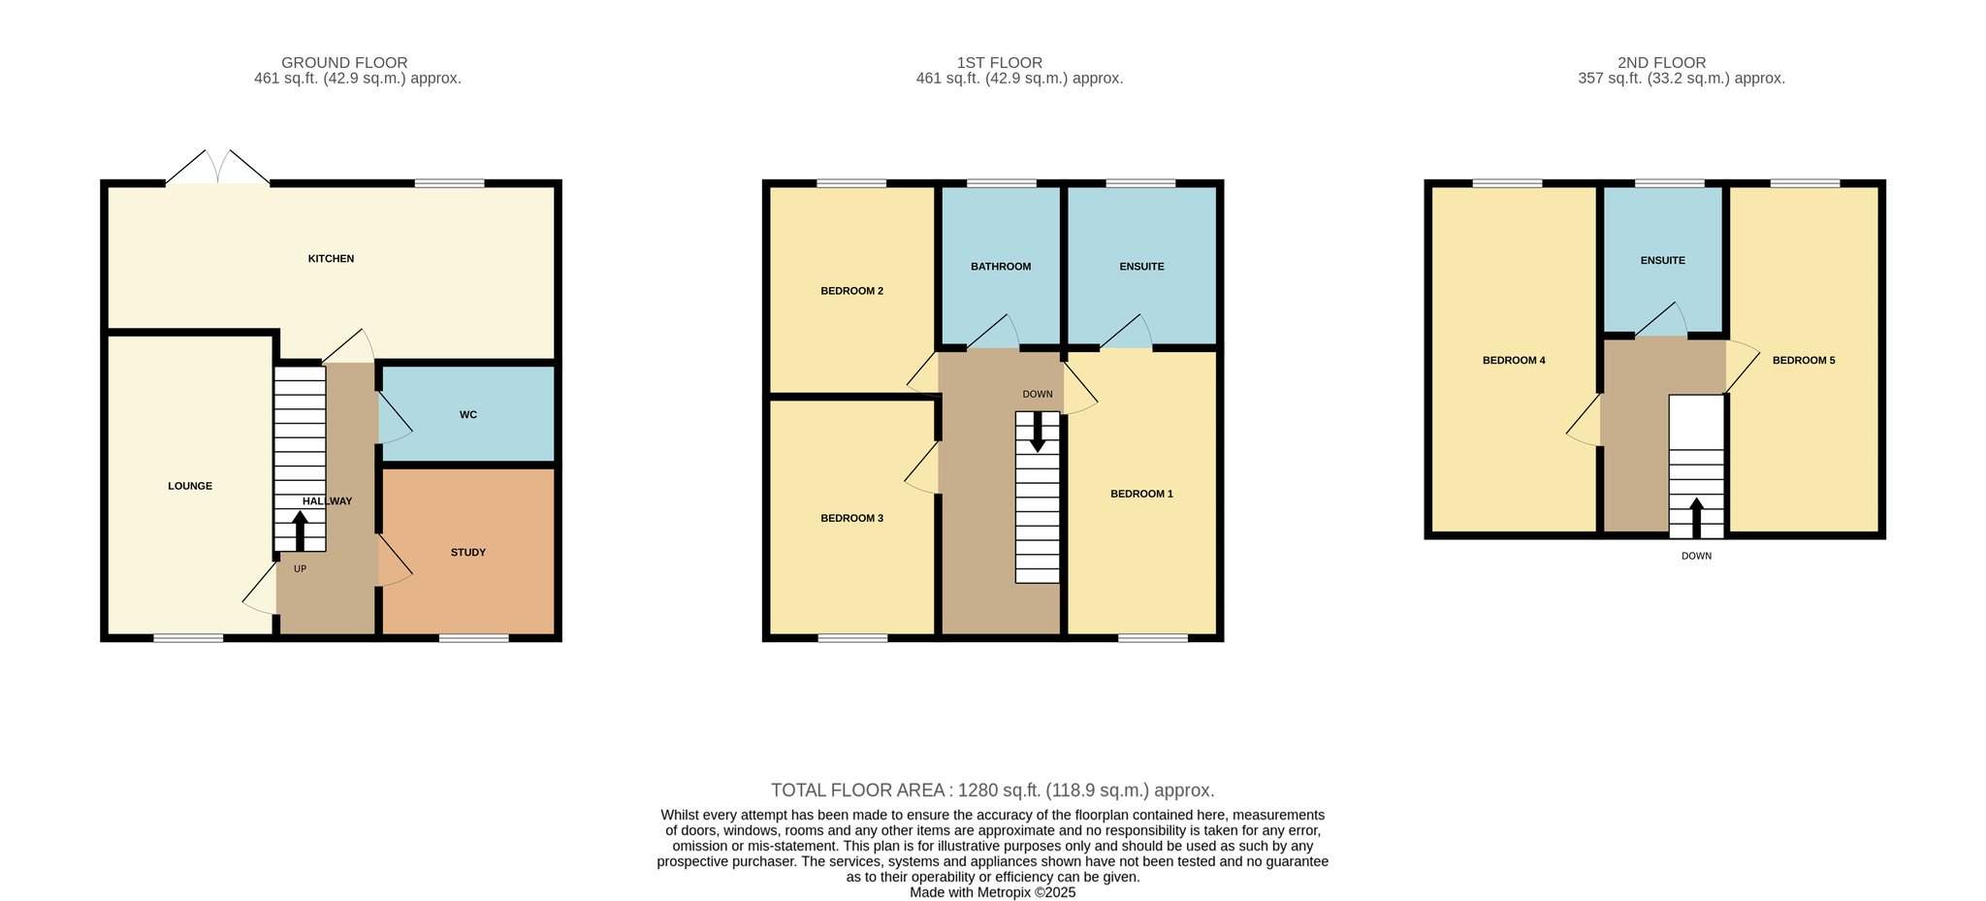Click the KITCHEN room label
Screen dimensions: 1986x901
331,259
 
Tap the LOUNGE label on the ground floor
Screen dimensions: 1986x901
190,486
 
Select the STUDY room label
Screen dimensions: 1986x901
468,553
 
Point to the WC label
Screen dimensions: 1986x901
468,415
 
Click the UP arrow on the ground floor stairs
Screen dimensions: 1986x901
300,531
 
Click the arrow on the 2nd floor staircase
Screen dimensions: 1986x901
1696,518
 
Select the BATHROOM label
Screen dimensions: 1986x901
1001,267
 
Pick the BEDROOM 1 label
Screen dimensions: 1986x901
1141,495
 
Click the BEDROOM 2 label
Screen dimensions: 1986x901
851,291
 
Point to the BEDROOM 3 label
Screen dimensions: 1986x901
851,519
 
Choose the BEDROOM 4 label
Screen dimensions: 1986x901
1514,361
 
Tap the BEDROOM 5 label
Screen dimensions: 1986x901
1804,361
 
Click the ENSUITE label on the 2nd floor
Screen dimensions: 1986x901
1663,261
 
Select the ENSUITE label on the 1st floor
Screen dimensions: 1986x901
1141,267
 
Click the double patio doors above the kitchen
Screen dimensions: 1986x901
218,167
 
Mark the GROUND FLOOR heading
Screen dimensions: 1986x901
344,63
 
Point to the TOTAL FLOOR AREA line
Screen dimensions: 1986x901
993,790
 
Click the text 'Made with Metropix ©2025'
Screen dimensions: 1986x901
993,893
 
